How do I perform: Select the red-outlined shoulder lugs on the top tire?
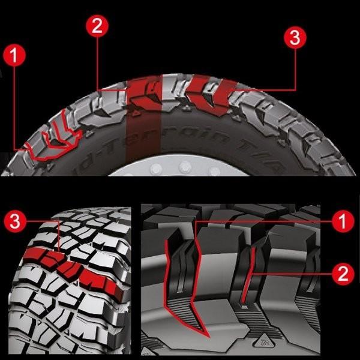click(x=57, y=141)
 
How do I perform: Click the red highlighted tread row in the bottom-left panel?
click(x=72, y=264)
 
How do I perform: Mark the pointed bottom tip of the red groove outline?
click(x=202, y=334)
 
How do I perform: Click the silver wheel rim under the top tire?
click(x=180, y=168)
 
